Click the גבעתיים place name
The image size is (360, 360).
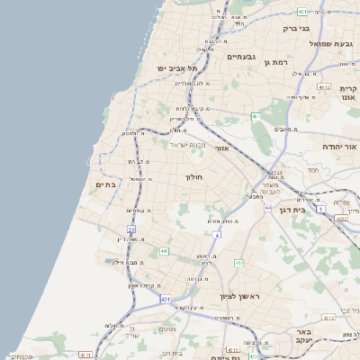[243, 57]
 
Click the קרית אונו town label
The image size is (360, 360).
[349, 93]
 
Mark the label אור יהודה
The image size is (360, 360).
[340, 146]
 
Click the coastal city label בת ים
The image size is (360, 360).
[106, 184]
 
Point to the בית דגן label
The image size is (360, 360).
[313, 210]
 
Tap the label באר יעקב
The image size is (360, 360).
[297, 337]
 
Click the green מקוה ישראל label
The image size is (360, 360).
[189, 144]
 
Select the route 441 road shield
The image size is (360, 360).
[164, 250]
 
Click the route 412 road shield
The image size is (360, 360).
[238, 263]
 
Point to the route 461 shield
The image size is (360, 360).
[255, 116]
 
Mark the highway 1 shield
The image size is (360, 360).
[295, 209]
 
